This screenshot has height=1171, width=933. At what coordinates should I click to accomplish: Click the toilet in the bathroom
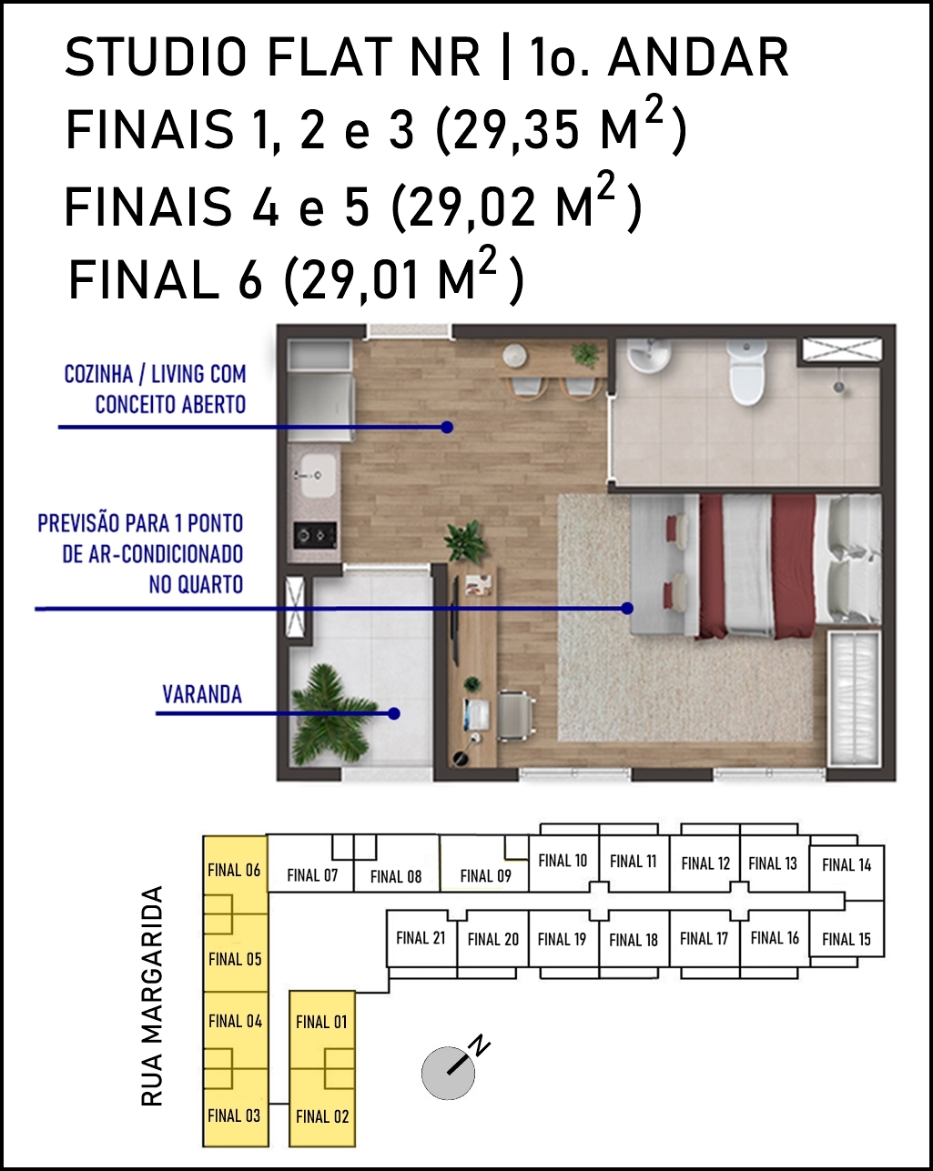click(747, 373)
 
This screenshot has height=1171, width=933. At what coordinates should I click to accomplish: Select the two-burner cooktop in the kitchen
click(315, 535)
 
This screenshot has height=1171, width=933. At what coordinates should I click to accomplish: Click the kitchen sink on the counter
click(318, 476)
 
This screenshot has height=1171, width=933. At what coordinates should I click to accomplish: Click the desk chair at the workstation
click(515, 715)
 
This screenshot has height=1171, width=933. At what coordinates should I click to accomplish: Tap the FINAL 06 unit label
click(234, 870)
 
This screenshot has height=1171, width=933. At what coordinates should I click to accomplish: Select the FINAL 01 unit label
click(321, 1022)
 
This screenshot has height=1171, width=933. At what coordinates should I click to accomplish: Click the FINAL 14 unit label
click(847, 864)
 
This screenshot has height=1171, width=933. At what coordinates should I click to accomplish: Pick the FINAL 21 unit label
click(421, 937)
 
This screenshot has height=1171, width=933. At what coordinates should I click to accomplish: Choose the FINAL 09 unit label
click(485, 875)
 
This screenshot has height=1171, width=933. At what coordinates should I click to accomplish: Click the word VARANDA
click(202, 695)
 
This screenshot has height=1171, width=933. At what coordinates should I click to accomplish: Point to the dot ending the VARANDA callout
click(394, 713)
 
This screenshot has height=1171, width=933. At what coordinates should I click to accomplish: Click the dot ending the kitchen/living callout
click(447, 427)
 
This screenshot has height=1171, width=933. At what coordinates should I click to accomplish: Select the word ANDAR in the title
click(698, 57)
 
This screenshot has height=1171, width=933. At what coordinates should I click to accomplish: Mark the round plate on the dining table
click(514, 356)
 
